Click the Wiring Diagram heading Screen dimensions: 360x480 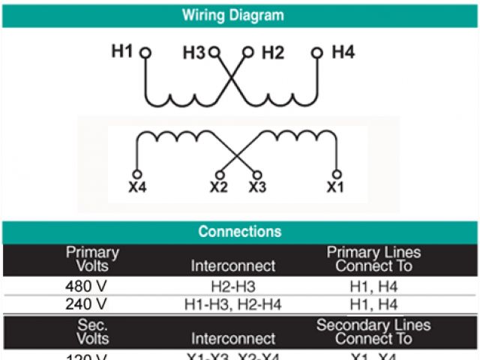(x=233, y=15)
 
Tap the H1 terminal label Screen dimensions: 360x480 (x=122, y=52)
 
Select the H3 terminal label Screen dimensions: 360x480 (x=193, y=52)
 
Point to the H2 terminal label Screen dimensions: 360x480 (x=273, y=52)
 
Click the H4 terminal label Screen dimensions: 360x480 (x=343, y=52)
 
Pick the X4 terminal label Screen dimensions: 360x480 (x=137, y=187)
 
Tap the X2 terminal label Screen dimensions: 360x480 (x=218, y=187)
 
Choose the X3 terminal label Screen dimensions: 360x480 (x=257, y=187)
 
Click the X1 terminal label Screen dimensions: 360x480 (x=335, y=187)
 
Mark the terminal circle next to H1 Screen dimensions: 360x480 (x=145, y=53)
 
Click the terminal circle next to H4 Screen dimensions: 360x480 (x=317, y=52)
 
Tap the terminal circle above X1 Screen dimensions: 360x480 (x=337, y=174)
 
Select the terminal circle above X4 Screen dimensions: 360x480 (x=136, y=174)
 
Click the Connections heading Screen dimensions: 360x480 (x=239, y=232)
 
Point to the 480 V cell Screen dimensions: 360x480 (x=87, y=286)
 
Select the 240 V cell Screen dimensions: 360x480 (x=87, y=304)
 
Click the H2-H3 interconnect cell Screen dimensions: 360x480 (x=232, y=286)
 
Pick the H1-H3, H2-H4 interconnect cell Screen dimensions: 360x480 (x=232, y=304)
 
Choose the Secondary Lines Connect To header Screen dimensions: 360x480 (x=373, y=331)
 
